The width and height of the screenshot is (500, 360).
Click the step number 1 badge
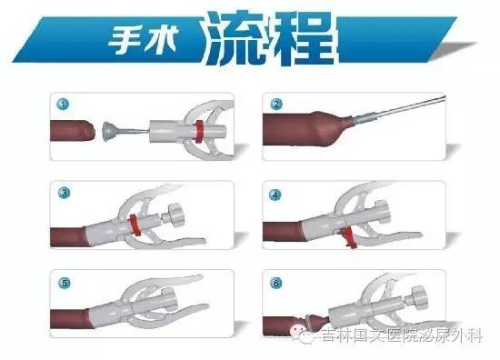pos(63,105)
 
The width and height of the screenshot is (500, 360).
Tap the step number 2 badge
pos(276,105)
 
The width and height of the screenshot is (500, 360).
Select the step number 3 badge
pos(65,193)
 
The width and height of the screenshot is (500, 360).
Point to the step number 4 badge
pos(275,195)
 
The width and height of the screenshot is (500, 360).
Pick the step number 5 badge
pos(65,283)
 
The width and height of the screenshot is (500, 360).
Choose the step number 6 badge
pos(276,283)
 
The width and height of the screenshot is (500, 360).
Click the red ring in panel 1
pos(199,132)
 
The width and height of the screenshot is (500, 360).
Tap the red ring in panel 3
pos(134,225)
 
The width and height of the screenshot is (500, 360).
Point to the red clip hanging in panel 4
pos(349,237)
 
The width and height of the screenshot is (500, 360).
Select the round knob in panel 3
pos(176,215)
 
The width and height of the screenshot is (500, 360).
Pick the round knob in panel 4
pos(384,213)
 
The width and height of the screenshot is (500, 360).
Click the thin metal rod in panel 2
pos(398,109)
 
